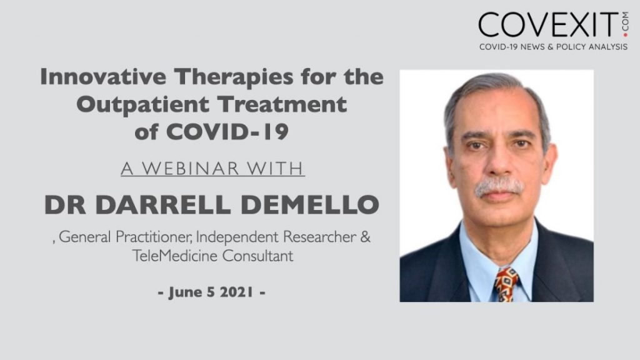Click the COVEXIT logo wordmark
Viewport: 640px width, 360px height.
coord(544,24)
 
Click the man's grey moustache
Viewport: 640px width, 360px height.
coord(499,186)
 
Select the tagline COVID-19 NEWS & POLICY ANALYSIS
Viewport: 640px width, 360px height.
coord(553,47)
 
